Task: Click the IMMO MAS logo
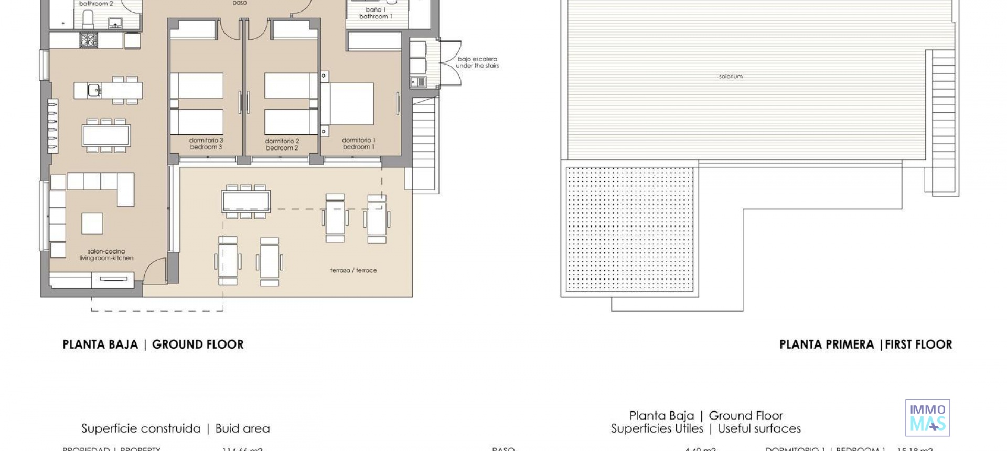927,417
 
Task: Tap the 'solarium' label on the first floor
731,77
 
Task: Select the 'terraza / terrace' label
353,271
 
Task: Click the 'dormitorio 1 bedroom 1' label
359,144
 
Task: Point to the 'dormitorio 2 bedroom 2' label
282,144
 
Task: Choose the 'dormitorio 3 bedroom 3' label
206,144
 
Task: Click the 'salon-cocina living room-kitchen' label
106,255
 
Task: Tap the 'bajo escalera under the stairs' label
477,62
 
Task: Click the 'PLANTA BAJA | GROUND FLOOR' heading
153,345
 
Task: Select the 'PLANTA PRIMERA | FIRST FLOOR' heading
865,345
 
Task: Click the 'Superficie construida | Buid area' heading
176,428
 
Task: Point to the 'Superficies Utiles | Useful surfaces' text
706,428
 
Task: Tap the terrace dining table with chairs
246,200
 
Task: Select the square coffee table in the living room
92,223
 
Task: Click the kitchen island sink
94,90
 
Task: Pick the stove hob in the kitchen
89,40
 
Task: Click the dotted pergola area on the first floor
631,229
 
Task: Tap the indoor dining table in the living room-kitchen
106,135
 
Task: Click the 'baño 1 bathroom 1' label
376,13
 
